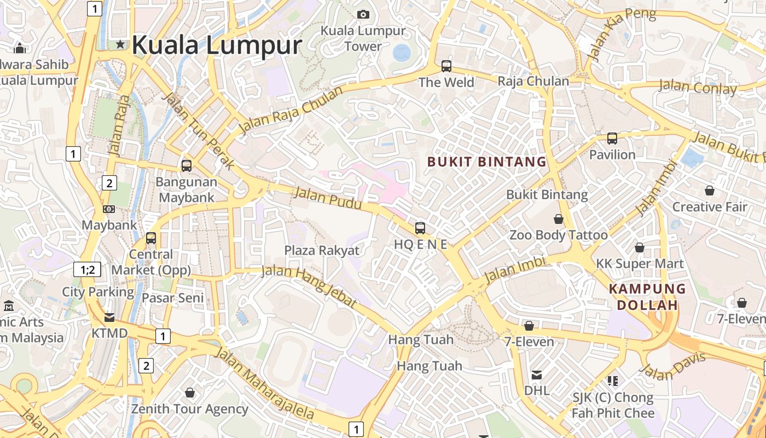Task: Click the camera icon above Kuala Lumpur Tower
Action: click(363, 14)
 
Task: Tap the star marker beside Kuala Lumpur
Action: click(120, 44)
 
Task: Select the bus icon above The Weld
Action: click(446, 66)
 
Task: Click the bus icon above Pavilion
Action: click(612, 139)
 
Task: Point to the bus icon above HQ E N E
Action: click(420, 228)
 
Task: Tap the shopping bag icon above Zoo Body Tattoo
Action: click(559, 219)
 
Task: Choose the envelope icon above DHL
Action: click(537, 375)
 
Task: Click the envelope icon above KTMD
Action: click(109, 318)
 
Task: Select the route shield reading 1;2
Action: click(88, 269)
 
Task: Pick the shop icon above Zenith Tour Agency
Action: click(190, 393)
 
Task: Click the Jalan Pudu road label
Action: click(328, 198)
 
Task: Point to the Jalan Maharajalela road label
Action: click(265, 383)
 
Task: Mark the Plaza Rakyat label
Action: click(322, 251)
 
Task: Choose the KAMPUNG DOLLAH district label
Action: click(647, 297)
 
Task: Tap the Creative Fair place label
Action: click(710, 207)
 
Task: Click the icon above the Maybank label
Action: click(109, 209)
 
